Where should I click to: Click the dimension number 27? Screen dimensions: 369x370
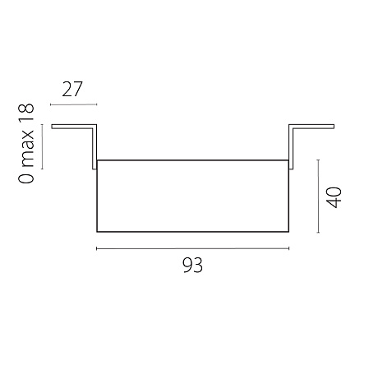point(72,90)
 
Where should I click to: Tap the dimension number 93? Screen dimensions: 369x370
point(193,265)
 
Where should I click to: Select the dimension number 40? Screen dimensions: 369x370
point(334,197)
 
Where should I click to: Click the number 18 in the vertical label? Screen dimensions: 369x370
point(26,113)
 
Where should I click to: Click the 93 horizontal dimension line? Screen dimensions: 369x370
point(193,248)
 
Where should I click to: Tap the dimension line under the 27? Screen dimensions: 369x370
point(74,104)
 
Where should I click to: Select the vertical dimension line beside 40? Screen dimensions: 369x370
point(318,196)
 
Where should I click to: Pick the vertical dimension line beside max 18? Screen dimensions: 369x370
point(42,146)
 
